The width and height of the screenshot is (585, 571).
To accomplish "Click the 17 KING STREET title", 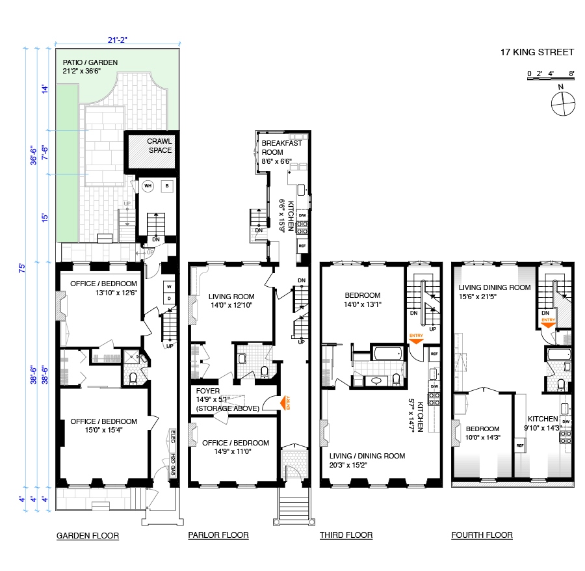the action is point(537,52).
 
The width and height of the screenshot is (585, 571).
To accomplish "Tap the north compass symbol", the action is point(563,103).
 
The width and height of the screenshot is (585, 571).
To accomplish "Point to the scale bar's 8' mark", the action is point(571,73).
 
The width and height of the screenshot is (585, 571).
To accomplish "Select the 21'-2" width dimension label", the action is point(118,40).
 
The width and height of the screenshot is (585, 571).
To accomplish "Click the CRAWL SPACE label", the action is point(159,146).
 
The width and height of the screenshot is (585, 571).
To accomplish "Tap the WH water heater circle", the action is point(148,186).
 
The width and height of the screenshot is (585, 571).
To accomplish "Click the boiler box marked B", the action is point(167,186).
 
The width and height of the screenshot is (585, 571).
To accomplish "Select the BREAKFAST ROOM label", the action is point(281,148).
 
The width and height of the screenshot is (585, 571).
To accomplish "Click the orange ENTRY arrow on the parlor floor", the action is point(285,403).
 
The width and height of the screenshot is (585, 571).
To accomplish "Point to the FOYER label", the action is point(208,391).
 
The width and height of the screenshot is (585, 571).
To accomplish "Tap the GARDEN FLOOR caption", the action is point(88,535).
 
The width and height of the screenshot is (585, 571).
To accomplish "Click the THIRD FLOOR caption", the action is point(346,535).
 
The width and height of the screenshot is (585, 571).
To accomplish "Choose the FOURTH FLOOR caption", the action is point(482,535).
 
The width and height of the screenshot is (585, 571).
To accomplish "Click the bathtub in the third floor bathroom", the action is point(388,353).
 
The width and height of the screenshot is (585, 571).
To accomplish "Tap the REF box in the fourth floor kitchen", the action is point(520,445).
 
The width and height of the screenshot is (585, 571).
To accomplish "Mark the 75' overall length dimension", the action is point(22,268).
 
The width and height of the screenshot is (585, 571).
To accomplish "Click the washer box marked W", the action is point(169,287).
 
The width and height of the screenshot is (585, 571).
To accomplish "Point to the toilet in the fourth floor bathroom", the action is point(561,384).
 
